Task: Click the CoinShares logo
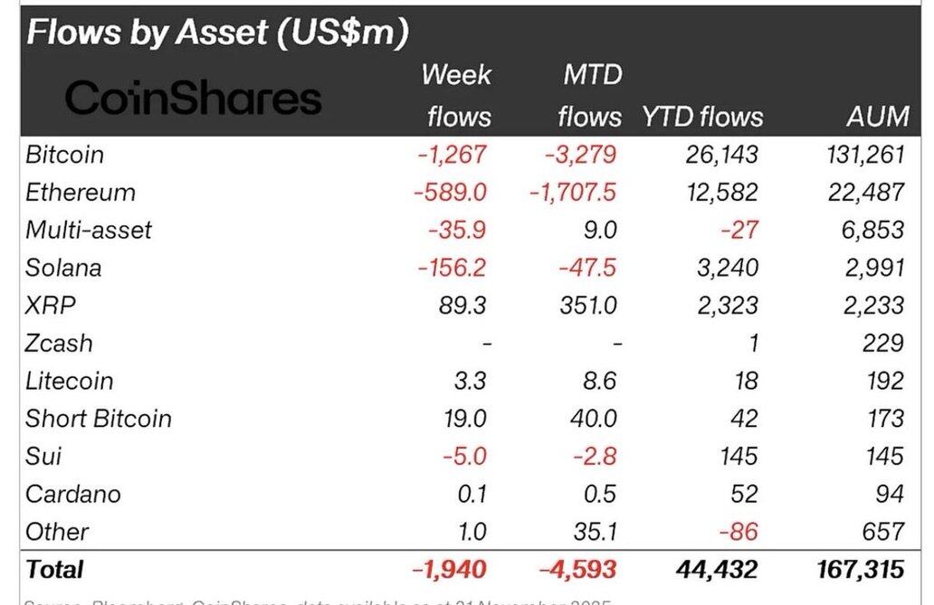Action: point(193,99)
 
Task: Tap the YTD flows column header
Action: point(702,116)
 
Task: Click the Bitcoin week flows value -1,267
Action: point(452,155)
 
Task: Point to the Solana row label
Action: point(63,268)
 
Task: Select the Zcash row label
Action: point(59,344)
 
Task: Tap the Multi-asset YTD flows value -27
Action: point(739,231)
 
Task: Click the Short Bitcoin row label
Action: point(99,419)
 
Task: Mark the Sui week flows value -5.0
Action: point(464,457)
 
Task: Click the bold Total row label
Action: point(55,570)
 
